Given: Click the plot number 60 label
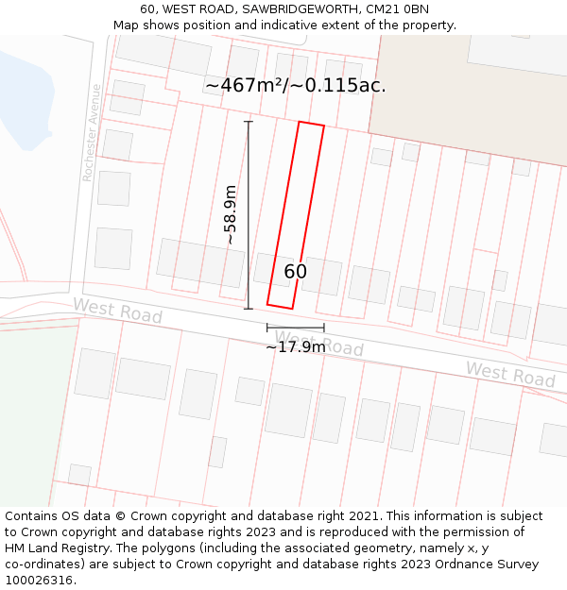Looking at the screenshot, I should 296,272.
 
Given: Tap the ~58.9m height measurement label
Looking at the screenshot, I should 230,215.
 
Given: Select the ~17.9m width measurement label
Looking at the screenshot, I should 295,347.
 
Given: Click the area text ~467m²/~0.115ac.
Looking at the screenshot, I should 296,86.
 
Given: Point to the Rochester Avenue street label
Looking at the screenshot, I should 92,132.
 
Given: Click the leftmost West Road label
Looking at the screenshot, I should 117,311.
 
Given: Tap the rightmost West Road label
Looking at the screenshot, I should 510,374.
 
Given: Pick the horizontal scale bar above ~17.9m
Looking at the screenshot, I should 295,328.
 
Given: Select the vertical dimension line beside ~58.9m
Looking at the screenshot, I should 249,215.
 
